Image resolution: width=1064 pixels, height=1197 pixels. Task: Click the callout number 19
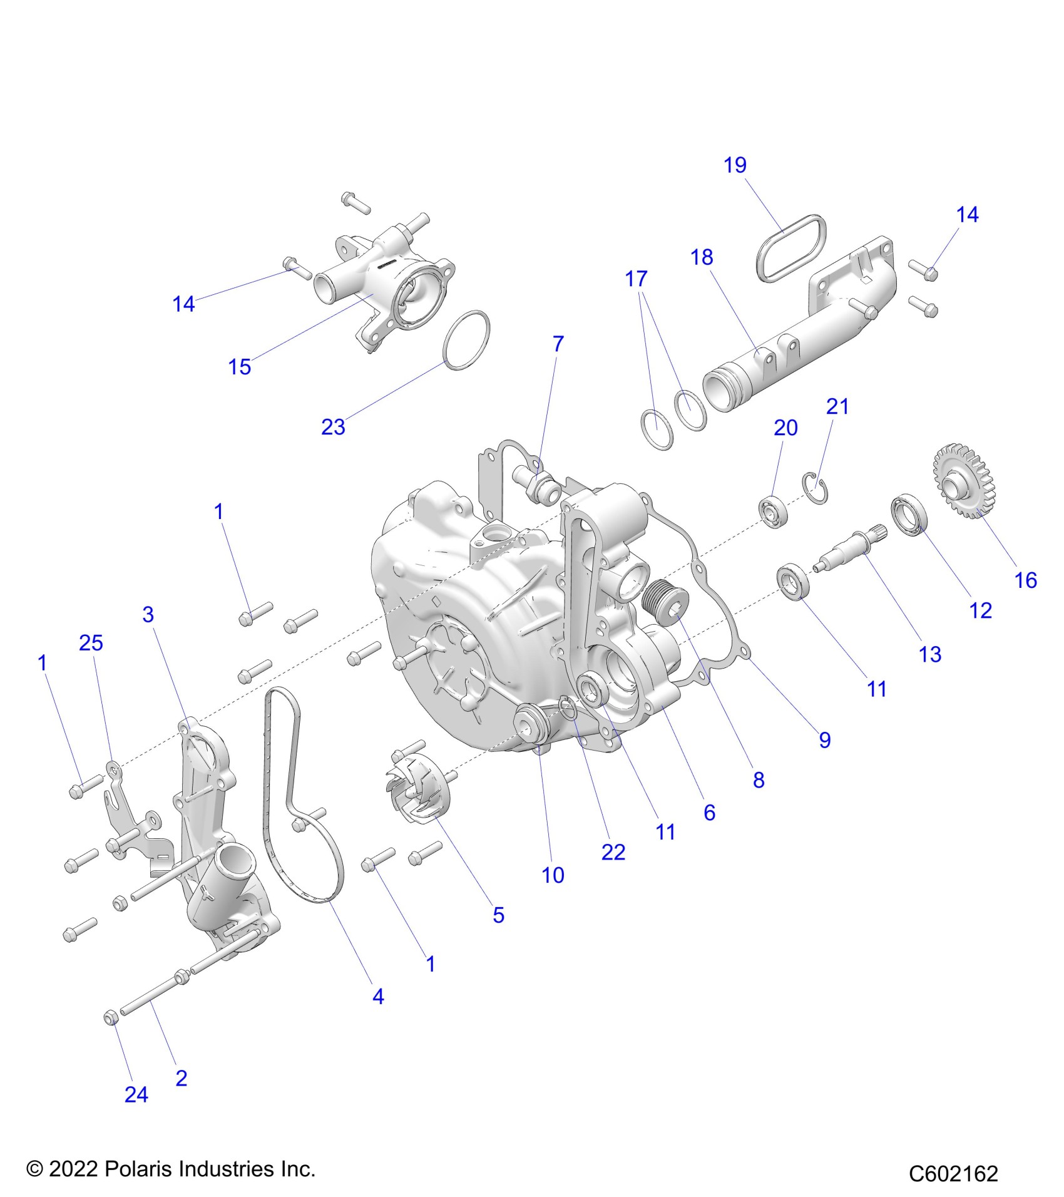(x=735, y=165)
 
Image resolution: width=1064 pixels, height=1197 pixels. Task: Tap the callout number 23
(x=333, y=427)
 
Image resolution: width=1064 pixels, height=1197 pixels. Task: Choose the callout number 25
(x=91, y=643)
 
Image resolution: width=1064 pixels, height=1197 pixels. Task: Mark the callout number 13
(x=930, y=654)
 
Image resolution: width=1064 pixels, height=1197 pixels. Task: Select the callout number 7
(x=558, y=344)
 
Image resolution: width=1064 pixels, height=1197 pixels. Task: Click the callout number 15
(x=240, y=367)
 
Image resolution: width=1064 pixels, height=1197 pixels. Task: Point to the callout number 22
(x=613, y=852)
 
